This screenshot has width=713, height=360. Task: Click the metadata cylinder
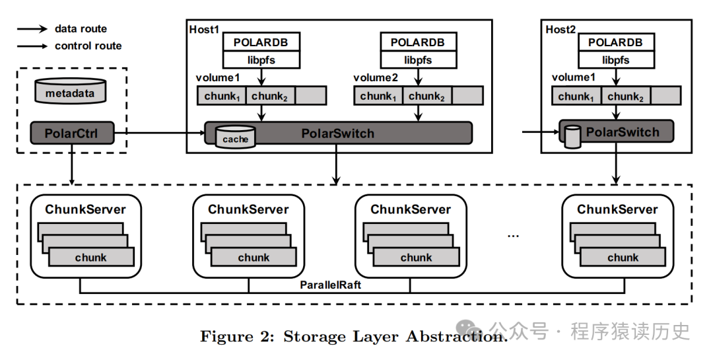tap(70, 91)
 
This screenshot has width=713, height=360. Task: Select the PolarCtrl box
tap(71, 134)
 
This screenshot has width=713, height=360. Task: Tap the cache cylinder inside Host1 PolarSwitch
tap(235, 136)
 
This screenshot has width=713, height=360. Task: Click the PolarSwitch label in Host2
tap(623, 132)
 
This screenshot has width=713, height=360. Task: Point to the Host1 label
tap(204, 30)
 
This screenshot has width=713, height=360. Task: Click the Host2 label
tap(561, 30)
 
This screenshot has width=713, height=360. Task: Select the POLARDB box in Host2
tap(615, 42)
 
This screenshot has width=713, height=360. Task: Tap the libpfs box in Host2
tap(615, 60)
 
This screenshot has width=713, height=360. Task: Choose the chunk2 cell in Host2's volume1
tap(625, 96)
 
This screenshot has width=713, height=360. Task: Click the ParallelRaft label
tap(329, 285)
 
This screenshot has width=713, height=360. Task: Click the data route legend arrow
tap(32, 29)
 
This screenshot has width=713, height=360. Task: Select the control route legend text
tap(88, 46)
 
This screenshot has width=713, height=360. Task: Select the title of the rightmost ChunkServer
tap(617, 209)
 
